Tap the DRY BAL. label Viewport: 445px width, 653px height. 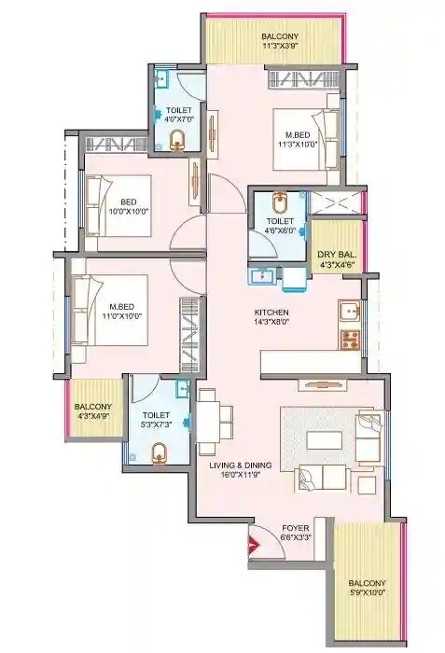[335, 254]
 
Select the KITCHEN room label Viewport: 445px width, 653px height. [271, 312]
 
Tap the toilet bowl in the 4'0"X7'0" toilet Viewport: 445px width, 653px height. [177, 140]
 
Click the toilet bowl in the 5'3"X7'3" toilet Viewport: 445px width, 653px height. [160, 453]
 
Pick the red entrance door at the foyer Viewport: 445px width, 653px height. [255, 547]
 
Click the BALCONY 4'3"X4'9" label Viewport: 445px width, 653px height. [93, 411]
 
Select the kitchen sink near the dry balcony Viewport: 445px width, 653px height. [352, 311]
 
